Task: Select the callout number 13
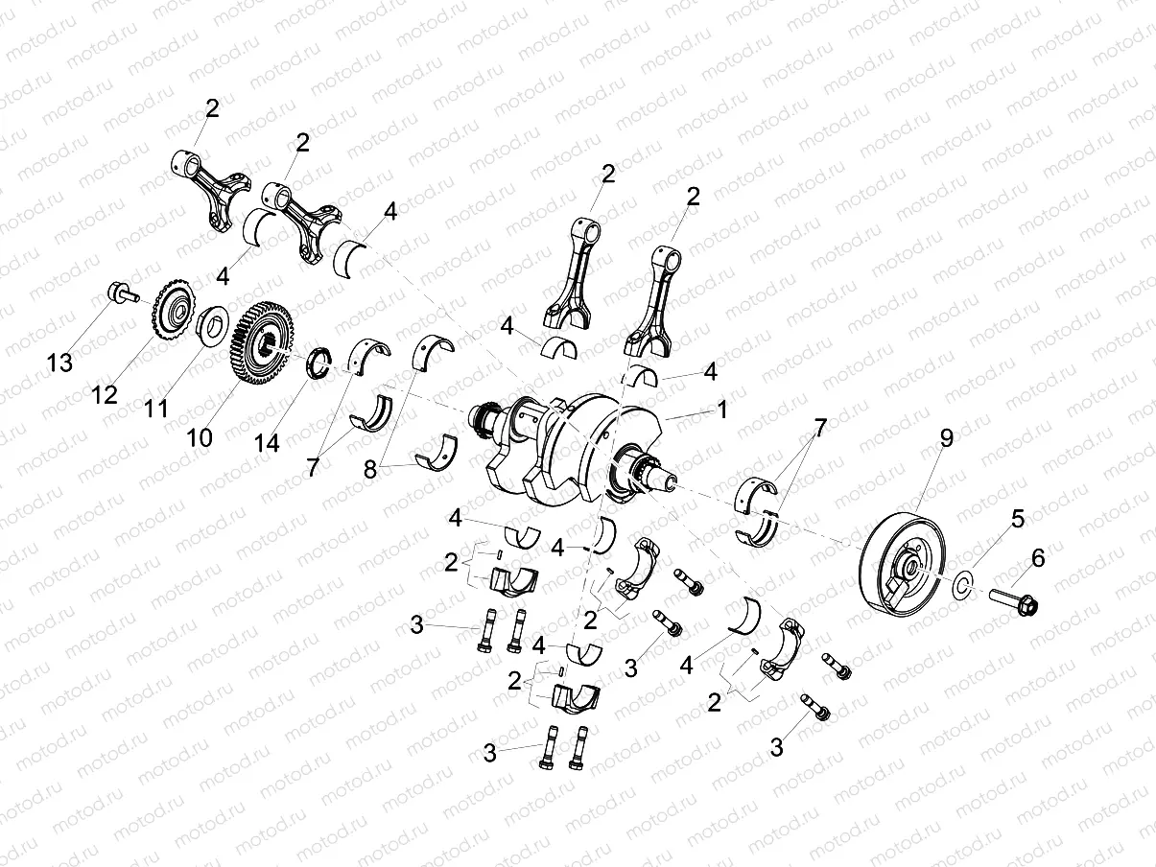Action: pyautogui.click(x=60, y=363)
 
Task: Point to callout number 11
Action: pyautogui.click(x=155, y=409)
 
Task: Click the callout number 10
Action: pyautogui.click(x=199, y=436)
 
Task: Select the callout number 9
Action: pyautogui.click(x=946, y=440)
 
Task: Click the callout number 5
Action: pyautogui.click(x=1017, y=519)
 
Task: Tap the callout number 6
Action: pyautogui.click(x=1038, y=557)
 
